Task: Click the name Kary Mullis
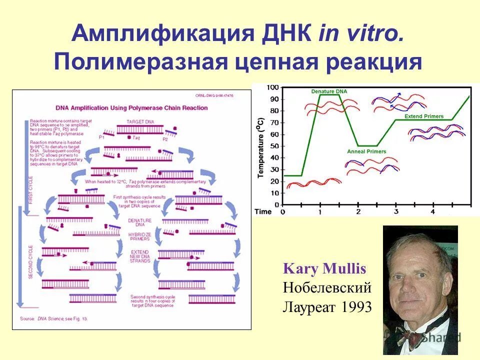324,269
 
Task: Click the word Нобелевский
327,288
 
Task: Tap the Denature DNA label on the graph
328,91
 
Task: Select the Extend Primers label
423,116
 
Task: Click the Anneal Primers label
366,151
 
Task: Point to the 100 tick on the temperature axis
272,87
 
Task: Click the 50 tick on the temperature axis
274,146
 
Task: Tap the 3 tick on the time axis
395,212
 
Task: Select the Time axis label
263,212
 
